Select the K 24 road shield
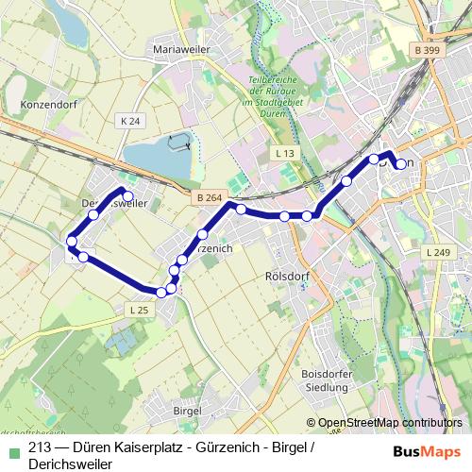click(130, 122)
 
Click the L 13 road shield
click(286, 152)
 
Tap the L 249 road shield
click(439, 253)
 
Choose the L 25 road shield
click(138, 309)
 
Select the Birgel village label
click(188, 411)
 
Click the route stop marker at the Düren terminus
click(401, 164)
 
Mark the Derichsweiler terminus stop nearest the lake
click(128, 196)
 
